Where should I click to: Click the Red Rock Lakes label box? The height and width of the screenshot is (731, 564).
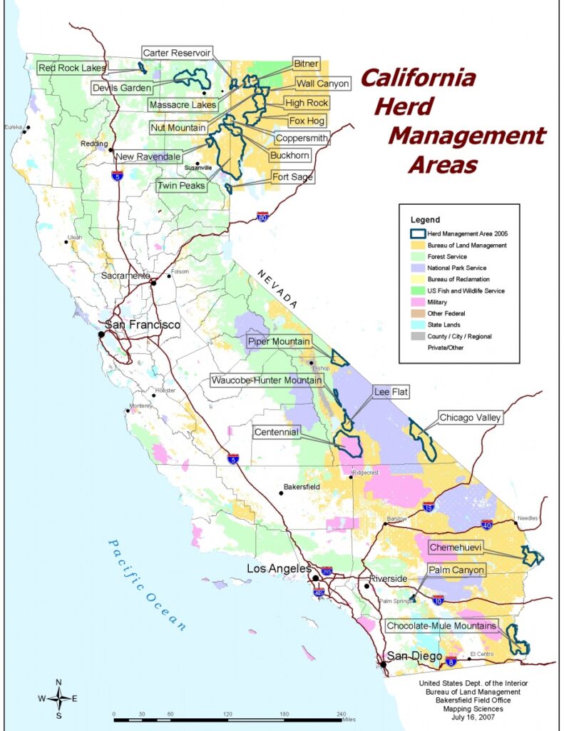(72, 68)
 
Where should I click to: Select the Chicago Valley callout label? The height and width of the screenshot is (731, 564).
(470, 418)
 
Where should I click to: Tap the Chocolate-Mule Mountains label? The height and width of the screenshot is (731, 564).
(441, 626)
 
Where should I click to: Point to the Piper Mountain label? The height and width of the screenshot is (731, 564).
(279, 341)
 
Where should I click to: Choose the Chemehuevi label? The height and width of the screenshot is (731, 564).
(456, 548)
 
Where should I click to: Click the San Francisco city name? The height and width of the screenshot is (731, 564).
(143, 325)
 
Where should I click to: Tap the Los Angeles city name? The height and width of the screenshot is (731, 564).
(279, 569)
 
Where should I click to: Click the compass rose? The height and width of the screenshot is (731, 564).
(58, 698)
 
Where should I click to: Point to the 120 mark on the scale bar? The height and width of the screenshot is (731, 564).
(227, 715)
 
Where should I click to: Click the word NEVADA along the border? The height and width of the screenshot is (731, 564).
(277, 289)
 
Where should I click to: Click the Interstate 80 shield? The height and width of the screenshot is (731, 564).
(262, 216)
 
